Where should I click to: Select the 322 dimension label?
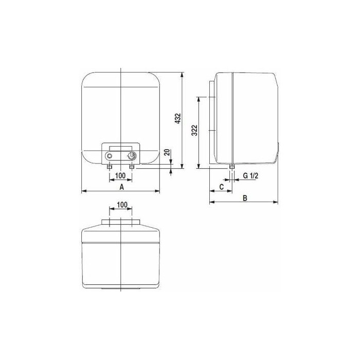(194, 130)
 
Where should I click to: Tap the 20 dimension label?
(167, 152)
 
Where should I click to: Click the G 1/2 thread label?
(251, 176)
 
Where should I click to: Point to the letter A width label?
(122, 187)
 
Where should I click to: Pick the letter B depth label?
(245, 198)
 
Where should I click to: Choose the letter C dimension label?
(221, 187)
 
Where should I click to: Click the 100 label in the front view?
(120, 176)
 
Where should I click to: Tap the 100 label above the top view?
(122, 205)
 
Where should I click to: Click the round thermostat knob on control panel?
(132, 156)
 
